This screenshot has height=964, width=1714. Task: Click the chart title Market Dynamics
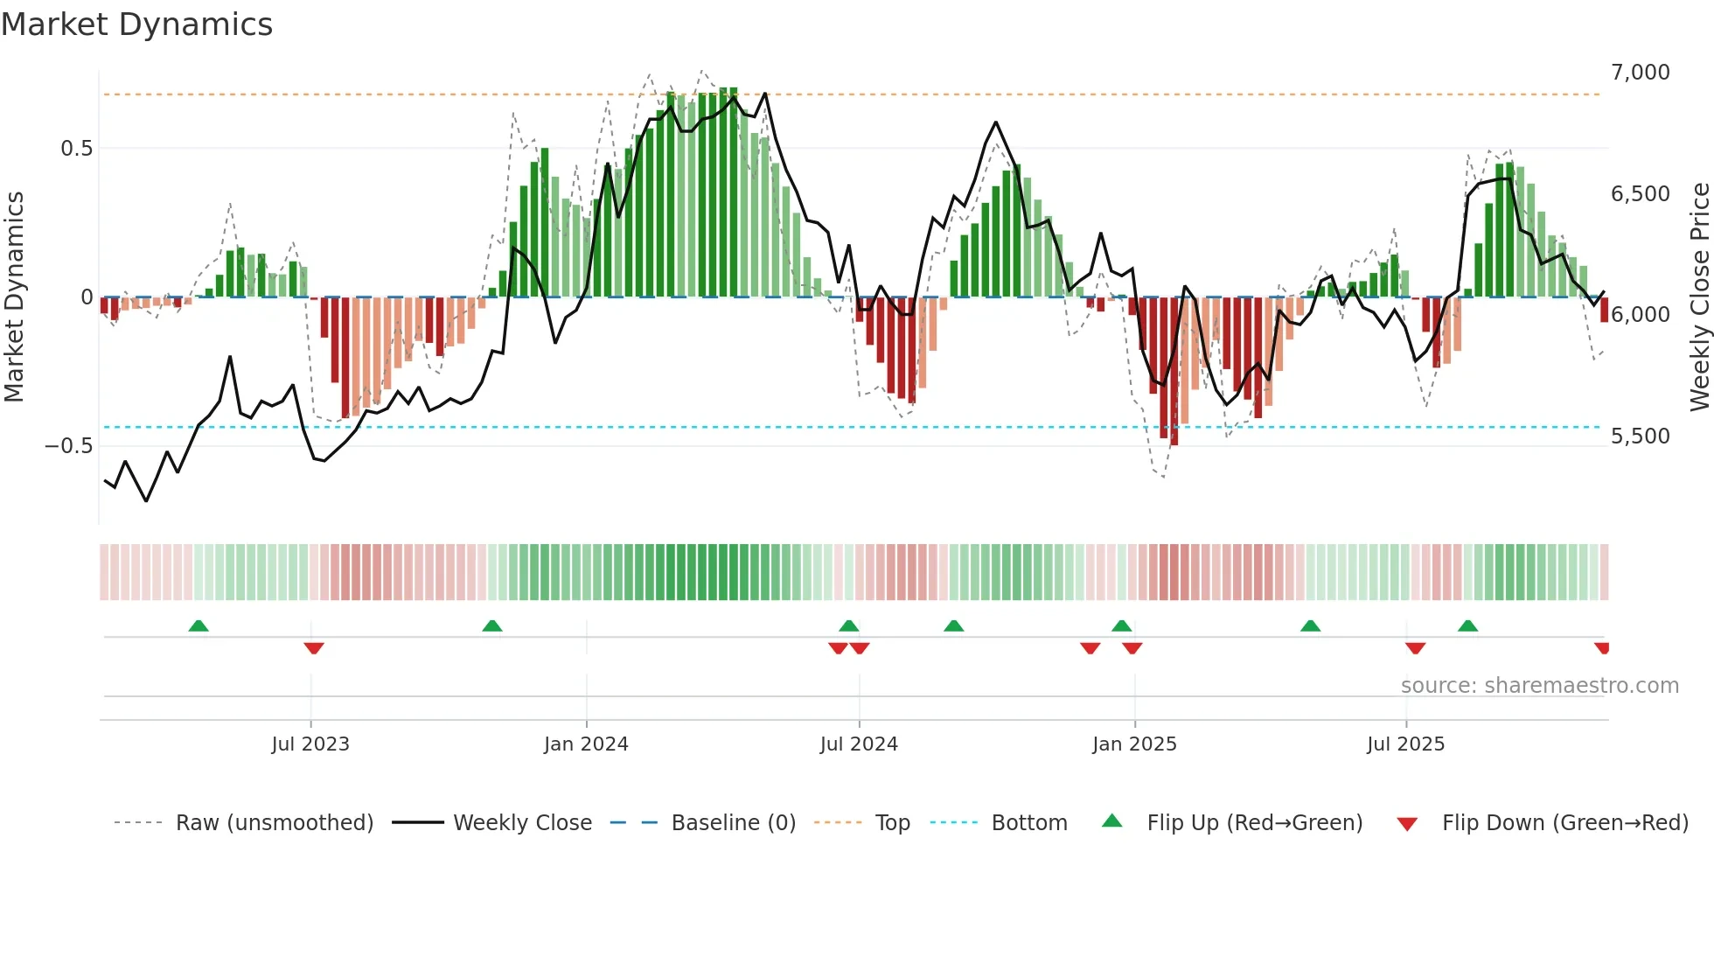pos(136,24)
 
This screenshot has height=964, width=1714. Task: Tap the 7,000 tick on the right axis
pos(1640,73)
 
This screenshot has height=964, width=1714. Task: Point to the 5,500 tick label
pos(1640,437)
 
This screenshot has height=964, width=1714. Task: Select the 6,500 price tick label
pos(1640,194)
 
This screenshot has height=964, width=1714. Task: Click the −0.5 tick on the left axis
pos(68,446)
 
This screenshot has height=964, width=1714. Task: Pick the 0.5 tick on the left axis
pos(76,149)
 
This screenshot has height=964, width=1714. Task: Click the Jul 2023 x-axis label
pos(310,744)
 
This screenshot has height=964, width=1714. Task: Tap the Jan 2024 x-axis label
pos(585,744)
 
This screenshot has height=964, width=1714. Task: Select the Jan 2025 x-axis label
pos(1133,744)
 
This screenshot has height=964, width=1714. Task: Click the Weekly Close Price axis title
pos(1699,297)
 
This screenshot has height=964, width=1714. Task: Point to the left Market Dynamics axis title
pos(14,297)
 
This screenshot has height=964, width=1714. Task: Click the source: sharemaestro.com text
pos(1539,686)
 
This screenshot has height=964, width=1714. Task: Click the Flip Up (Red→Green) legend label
pos(1254,823)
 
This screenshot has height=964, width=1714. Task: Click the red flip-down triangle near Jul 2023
pos(314,648)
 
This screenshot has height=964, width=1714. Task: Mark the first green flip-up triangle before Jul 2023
pos(199,625)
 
